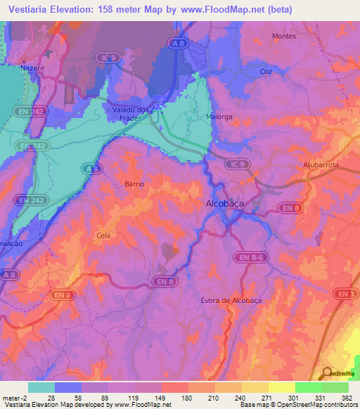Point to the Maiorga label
point(219,116)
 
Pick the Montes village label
point(284,36)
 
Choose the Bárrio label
point(134,183)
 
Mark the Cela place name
point(103,236)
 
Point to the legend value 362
point(346,398)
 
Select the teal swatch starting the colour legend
point(41,387)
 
